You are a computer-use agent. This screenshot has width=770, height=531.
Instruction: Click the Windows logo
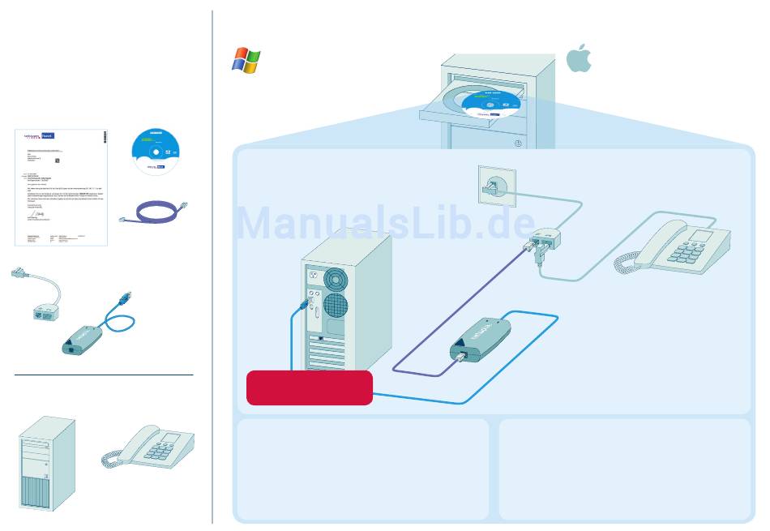coord(246,60)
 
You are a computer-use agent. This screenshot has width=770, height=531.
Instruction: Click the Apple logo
coord(579,57)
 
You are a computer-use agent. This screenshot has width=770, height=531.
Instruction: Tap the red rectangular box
coord(309,388)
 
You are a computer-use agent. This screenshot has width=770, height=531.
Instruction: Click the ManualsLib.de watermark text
coord(386,221)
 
